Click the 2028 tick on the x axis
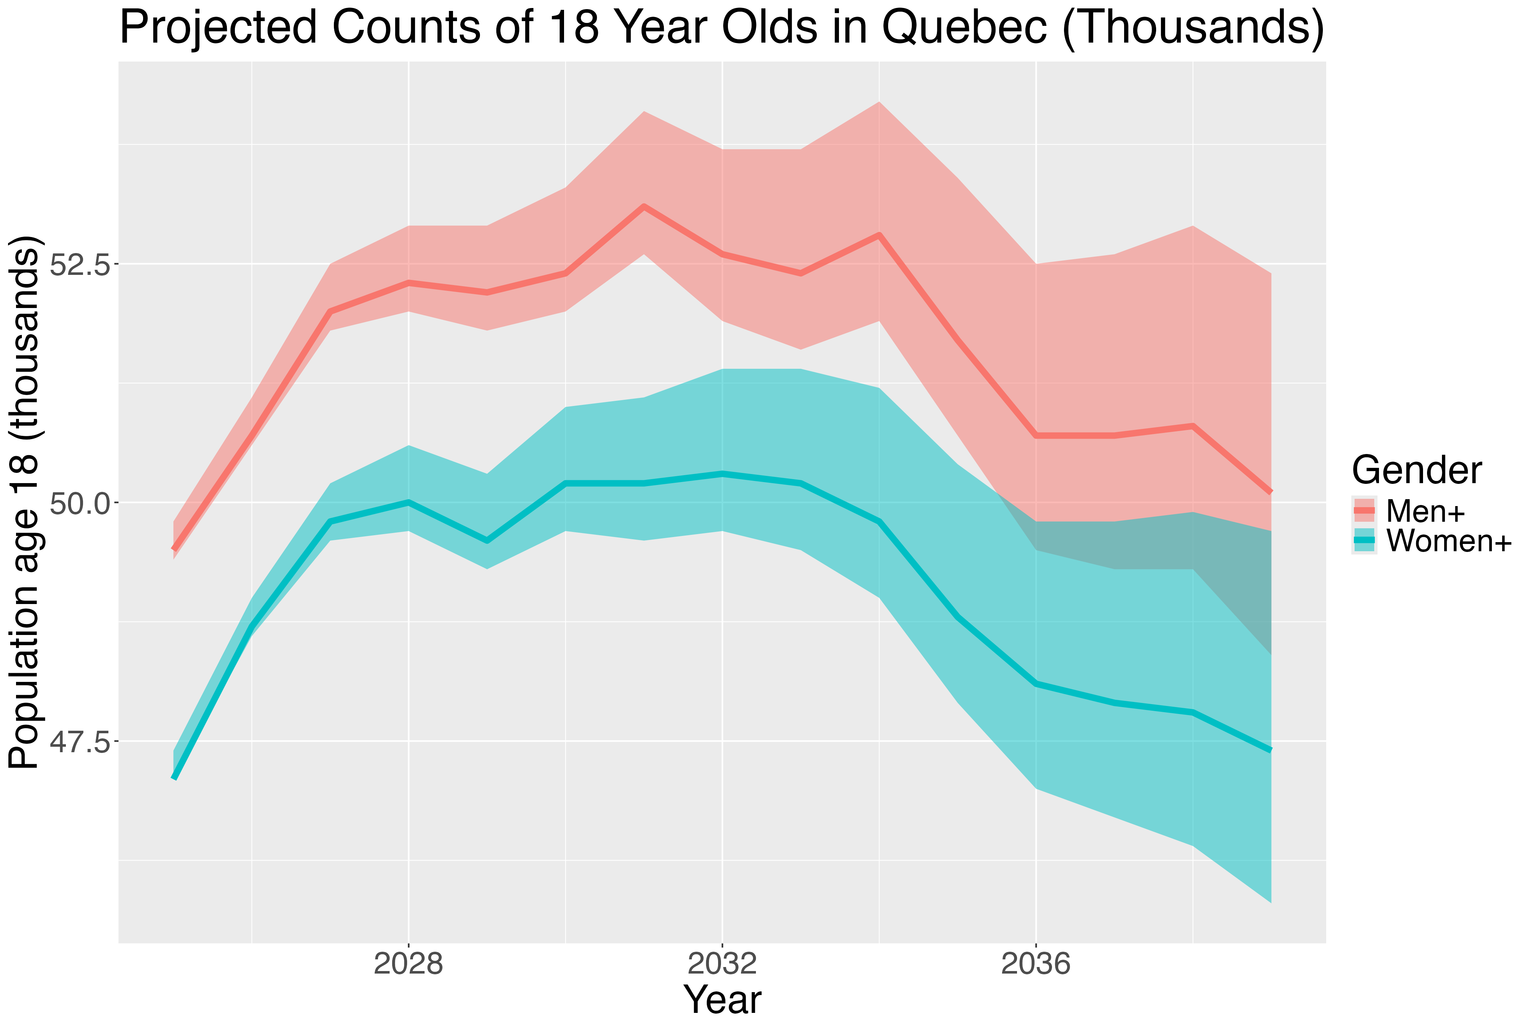coord(409,964)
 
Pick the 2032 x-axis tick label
coord(722,964)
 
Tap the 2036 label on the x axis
coord(1036,964)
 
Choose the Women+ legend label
coord(1448,541)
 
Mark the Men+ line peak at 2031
coord(644,206)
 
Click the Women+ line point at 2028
coord(409,502)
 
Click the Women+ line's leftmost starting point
coord(174,778)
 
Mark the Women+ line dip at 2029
coord(487,541)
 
